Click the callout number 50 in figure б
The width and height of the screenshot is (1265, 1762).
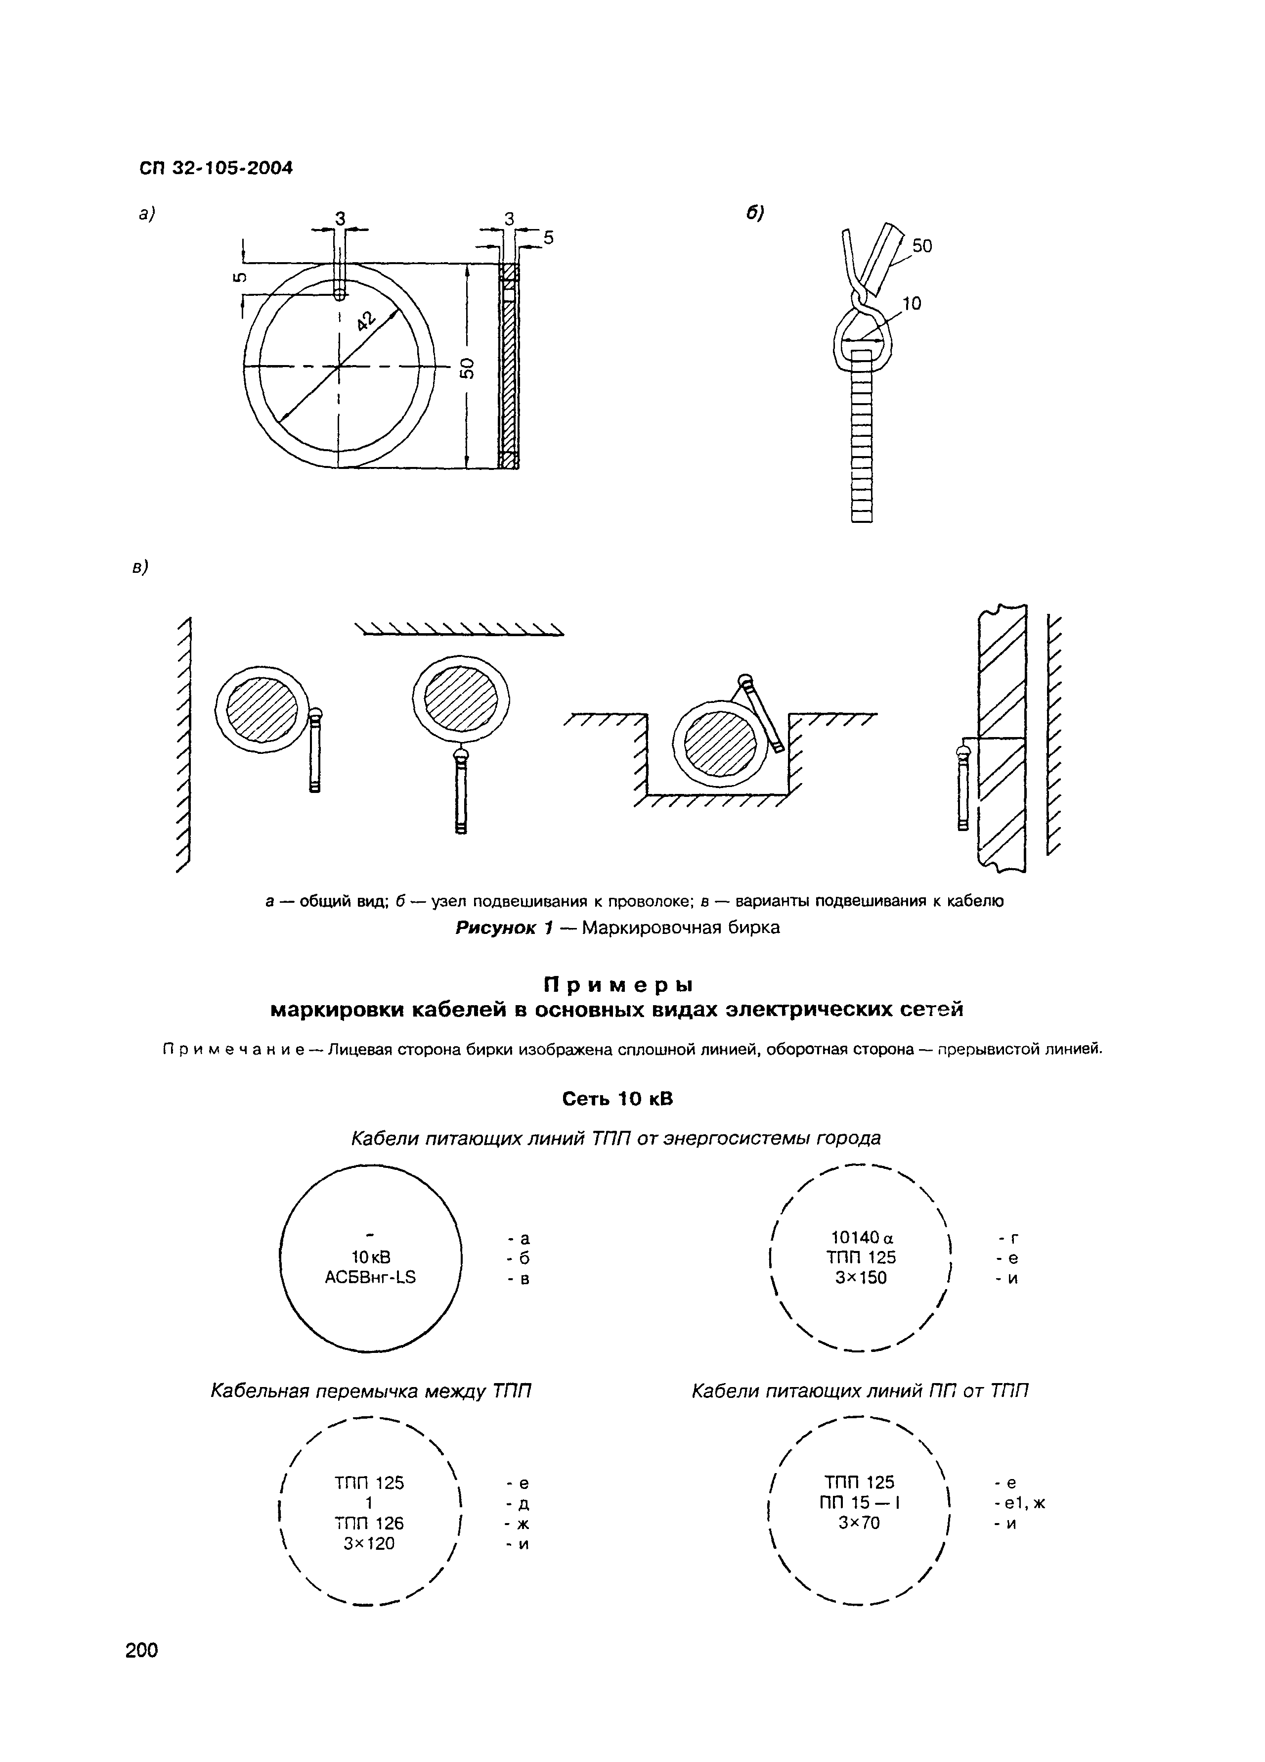coord(922,246)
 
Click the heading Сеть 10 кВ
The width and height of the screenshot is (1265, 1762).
coord(617,1099)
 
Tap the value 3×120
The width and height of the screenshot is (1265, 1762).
coord(369,1544)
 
